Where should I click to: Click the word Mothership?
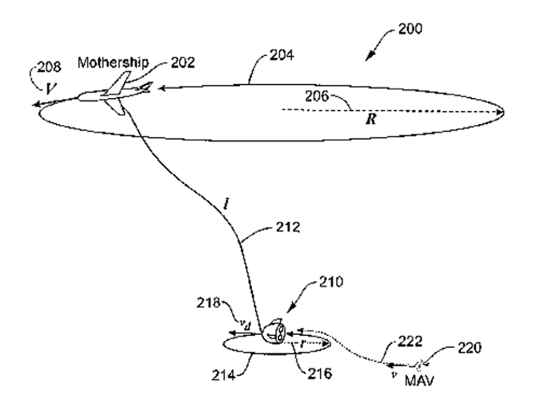pyautogui.click(x=113, y=62)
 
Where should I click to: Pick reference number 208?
pyautogui.click(x=49, y=68)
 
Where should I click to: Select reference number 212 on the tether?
pyautogui.click(x=287, y=226)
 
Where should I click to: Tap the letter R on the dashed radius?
pyautogui.click(x=372, y=119)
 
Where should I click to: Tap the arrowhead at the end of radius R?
pyautogui.click(x=500, y=112)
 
